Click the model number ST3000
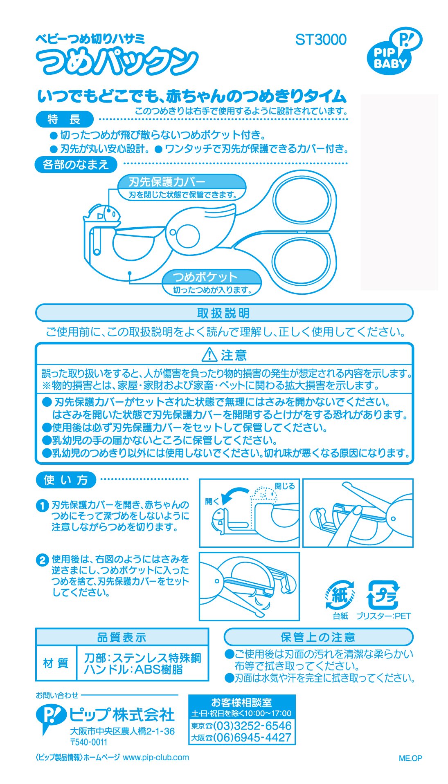[321, 40]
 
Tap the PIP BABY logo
[394, 52]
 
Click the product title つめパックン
[117, 62]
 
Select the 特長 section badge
[65, 119]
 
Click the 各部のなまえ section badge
[76, 165]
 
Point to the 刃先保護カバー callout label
[182, 187]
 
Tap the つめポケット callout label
[212, 282]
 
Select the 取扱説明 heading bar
[224, 313]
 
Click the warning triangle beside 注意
[210, 354]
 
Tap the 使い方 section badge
[66, 480]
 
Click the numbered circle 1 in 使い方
[42, 506]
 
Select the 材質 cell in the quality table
[56, 663]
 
